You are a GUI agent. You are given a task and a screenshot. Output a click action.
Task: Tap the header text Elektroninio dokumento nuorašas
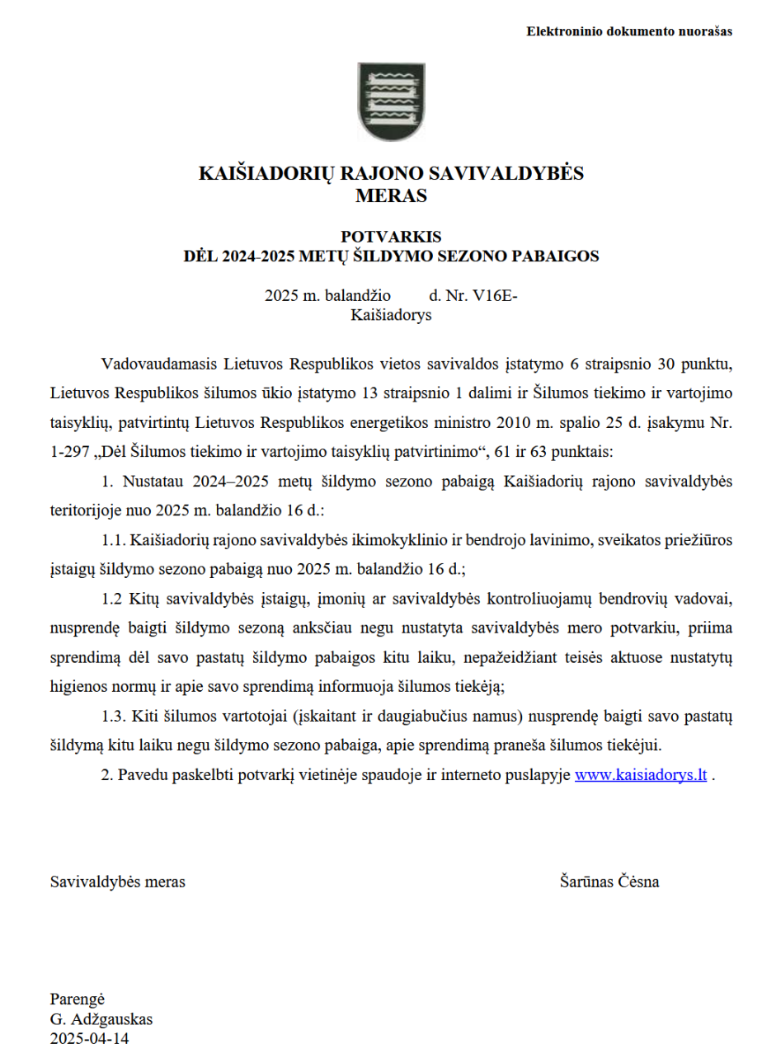coord(629,31)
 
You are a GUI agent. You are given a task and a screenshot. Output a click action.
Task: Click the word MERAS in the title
coord(391,196)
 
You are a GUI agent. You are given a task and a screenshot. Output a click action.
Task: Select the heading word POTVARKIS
coord(391,237)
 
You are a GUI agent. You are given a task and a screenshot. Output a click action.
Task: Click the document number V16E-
coord(495,296)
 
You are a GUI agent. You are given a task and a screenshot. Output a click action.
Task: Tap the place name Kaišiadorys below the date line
coord(391,315)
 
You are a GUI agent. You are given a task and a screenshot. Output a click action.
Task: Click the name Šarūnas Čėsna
coord(609,882)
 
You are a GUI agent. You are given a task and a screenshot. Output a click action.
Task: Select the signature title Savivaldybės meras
coord(118,882)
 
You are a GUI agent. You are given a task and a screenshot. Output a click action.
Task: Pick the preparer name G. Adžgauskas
coord(101,1018)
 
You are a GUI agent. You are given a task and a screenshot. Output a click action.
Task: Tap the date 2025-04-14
coord(90,1038)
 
